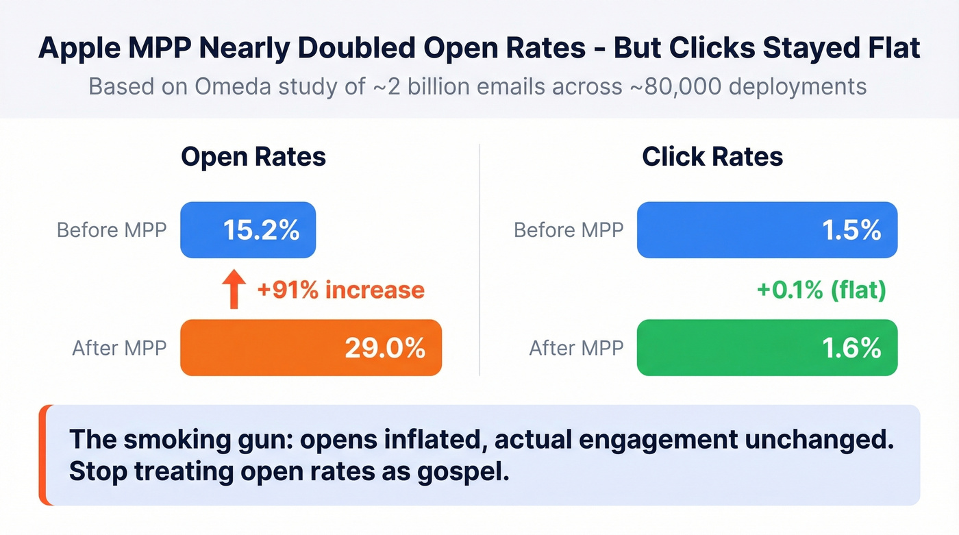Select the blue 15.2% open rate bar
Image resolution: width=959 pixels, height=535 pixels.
(x=248, y=230)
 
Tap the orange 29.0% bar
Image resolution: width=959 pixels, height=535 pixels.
(x=311, y=347)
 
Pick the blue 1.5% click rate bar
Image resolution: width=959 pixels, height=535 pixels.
(x=767, y=230)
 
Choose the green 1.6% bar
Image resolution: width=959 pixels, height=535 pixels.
(x=767, y=347)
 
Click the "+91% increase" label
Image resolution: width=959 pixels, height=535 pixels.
(x=340, y=290)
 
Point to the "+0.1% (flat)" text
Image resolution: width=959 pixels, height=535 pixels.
(x=821, y=290)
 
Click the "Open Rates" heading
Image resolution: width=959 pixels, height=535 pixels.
(x=253, y=157)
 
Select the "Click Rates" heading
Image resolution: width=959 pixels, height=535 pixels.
(x=712, y=157)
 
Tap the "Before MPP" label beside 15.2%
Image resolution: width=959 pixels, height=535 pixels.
(x=112, y=230)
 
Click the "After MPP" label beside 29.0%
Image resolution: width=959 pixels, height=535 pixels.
(x=119, y=348)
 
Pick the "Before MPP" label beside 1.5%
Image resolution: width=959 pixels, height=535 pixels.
(x=569, y=230)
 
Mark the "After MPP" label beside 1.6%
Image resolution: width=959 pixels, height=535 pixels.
(x=576, y=348)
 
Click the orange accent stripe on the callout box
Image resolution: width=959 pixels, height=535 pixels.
(x=43, y=455)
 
